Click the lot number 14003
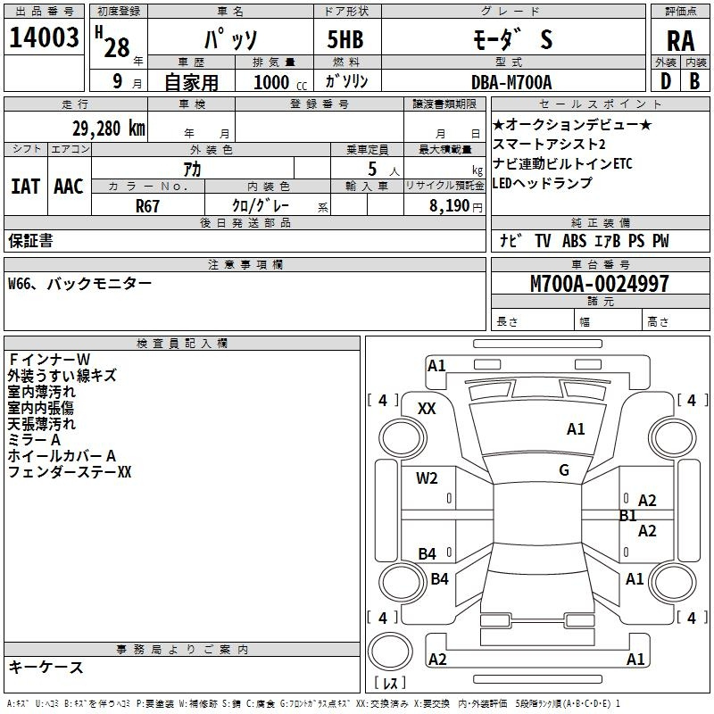(44, 37)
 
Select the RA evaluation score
(680, 41)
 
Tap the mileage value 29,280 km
(108, 129)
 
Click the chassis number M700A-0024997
(600, 284)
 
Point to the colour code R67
(147, 206)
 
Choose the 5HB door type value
(345, 39)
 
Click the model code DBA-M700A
(511, 82)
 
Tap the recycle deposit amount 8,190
(449, 206)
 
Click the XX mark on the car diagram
(427, 409)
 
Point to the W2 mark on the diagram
(427, 478)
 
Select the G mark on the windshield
(564, 470)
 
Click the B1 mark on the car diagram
(628, 516)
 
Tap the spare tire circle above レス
(390, 651)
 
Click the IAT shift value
(26, 187)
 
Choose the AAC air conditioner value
(69, 187)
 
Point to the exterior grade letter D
(666, 81)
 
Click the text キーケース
(46, 667)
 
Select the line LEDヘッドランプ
(542, 183)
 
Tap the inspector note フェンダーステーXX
(70, 472)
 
